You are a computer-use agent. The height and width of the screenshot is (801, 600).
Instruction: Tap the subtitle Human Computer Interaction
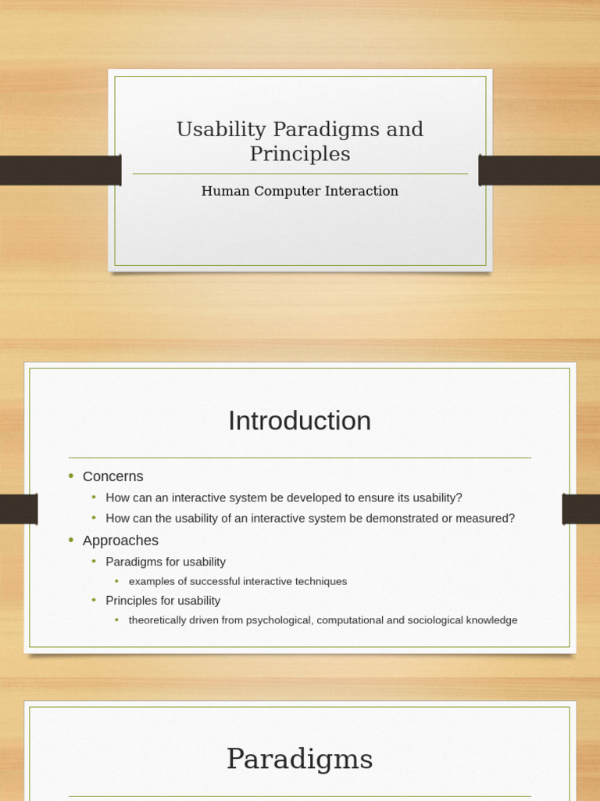tap(300, 191)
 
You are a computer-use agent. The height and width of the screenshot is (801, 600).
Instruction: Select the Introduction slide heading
tap(300, 421)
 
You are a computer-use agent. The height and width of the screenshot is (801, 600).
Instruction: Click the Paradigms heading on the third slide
tap(300, 759)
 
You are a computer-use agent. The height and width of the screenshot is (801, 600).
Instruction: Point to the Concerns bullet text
tap(113, 476)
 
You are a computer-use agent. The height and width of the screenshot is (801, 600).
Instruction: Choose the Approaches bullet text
tap(120, 541)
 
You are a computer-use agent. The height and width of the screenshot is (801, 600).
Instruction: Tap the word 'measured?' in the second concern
tap(487, 518)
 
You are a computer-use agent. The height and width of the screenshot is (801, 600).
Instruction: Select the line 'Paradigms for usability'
tap(166, 562)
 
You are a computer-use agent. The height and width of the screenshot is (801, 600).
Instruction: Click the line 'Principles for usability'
tap(163, 601)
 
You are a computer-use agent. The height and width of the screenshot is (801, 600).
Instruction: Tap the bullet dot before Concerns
tap(71, 476)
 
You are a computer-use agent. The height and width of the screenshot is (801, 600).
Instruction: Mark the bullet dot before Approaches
tap(71, 541)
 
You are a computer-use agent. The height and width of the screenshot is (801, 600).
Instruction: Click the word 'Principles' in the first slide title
tap(300, 154)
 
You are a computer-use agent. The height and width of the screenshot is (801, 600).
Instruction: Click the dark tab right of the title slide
tap(539, 171)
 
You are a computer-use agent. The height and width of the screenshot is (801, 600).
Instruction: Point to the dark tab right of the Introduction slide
tap(580, 509)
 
